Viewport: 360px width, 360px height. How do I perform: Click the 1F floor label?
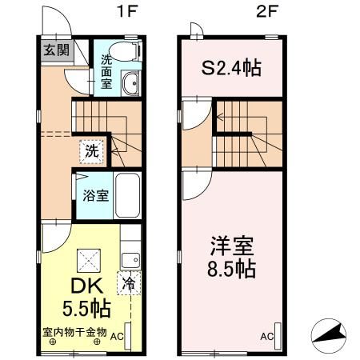pyautogui.click(x=127, y=11)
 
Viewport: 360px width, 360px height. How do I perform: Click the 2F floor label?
pyautogui.click(x=267, y=11)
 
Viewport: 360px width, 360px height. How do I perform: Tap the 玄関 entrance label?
pyautogui.click(x=57, y=50)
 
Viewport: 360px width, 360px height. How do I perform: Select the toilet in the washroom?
pyautogui.click(x=126, y=50)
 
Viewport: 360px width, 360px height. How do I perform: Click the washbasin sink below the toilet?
pyautogui.click(x=130, y=83)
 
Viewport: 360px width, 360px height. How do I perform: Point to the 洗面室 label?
pyautogui.click(x=106, y=72)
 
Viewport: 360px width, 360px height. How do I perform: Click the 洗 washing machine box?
pyautogui.click(x=92, y=151)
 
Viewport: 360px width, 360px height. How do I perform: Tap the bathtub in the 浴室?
pyautogui.click(x=128, y=195)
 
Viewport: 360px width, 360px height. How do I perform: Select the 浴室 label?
pyautogui.click(x=96, y=195)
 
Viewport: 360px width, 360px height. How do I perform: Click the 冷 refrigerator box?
pyautogui.click(x=129, y=282)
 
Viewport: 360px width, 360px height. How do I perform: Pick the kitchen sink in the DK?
pyautogui.click(x=130, y=260)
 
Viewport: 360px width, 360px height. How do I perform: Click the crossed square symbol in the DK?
pyautogui.click(x=89, y=261)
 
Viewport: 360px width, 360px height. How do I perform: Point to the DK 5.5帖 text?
pyautogui.click(x=86, y=297)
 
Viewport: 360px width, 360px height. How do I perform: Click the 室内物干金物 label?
pyautogui.click(x=74, y=332)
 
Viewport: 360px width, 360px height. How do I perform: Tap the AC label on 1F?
pyautogui.click(x=117, y=337)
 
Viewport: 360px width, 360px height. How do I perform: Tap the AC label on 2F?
pyautogui.click(x=267, y=337)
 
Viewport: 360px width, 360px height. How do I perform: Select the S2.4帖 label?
pyautogui.click(x=231, y=68)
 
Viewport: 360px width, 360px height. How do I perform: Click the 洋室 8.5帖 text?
pyautogui.click(x=231, y=257)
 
